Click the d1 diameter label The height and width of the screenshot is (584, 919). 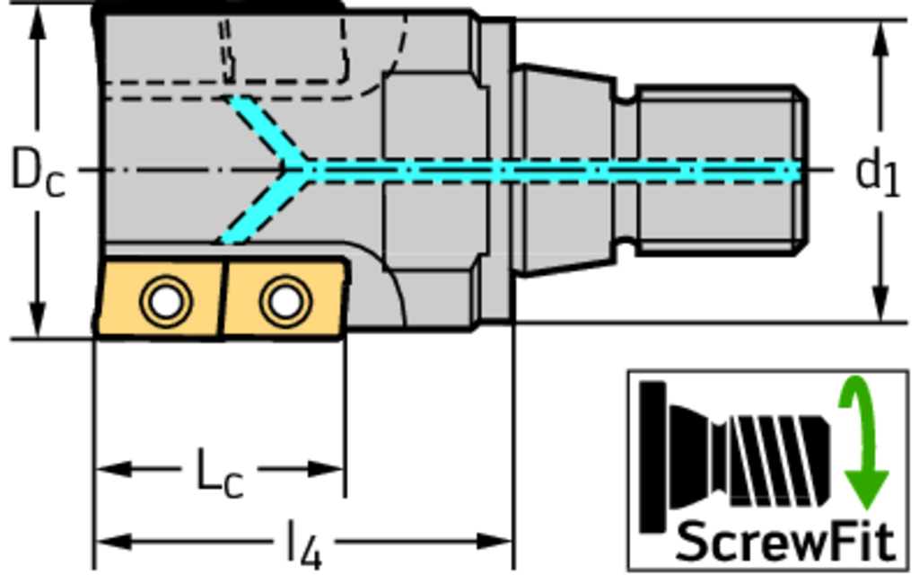878,173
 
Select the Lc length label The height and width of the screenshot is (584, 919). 219,473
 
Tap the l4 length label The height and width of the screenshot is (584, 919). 304,545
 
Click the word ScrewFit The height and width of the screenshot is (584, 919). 785,541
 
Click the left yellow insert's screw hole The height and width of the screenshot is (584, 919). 166,300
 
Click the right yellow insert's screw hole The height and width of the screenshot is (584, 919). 285,300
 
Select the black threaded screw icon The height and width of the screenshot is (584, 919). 736,457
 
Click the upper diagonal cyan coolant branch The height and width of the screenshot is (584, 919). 264,129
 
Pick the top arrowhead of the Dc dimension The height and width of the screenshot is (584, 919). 38,23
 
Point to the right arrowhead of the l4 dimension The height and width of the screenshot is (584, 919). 495,541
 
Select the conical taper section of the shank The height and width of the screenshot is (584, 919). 565,170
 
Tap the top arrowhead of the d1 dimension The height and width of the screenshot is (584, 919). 880,39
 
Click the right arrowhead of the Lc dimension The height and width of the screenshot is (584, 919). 326,469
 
